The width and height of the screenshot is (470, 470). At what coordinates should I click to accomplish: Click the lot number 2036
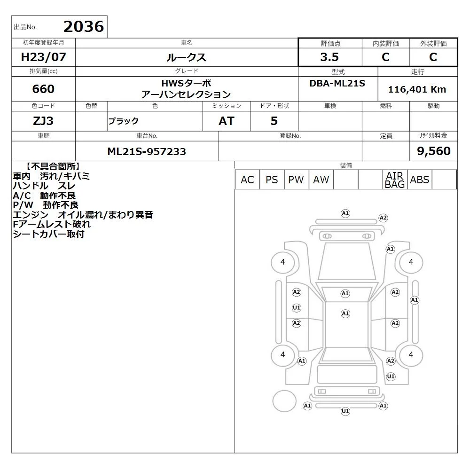point(84,27)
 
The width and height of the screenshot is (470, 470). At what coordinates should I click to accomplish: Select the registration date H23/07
point(43,57)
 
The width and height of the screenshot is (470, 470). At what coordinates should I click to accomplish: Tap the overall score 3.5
point(329,57)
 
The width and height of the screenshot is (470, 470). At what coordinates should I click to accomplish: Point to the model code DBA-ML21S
point(337,83)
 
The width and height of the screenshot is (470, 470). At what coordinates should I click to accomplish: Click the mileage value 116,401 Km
point(417,89)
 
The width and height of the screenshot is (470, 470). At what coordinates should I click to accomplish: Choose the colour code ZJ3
point(43,121)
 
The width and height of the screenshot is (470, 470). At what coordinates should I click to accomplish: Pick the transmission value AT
point(227,121)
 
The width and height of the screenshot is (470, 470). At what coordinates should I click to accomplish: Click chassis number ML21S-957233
point(147,151)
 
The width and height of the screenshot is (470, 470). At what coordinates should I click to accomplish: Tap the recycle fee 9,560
point(434,151)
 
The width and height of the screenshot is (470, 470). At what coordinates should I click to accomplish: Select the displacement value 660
point(43,89)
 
